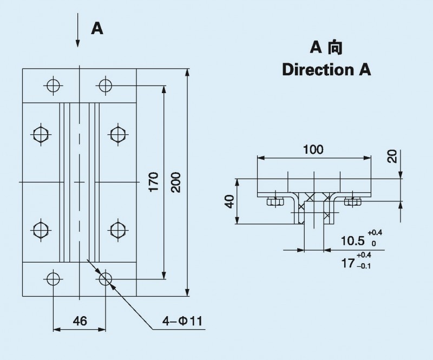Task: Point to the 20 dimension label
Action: (x=393, y=156)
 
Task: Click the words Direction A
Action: (x=326, y=70)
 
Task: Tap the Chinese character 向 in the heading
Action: (x=334, y=49)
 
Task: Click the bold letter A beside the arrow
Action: (x=97, y=29)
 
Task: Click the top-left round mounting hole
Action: (x=53, y=85)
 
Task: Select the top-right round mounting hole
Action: (x=105, y=85)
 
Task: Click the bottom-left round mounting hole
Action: (x=53, y=279)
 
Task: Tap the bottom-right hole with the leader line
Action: (x=105, y=279)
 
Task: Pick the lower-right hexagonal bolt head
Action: (x=117, y=230)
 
